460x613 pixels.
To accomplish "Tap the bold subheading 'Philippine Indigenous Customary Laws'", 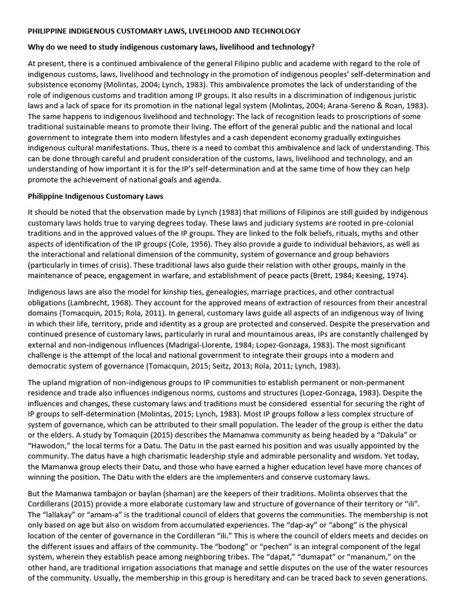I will coord(96,196).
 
